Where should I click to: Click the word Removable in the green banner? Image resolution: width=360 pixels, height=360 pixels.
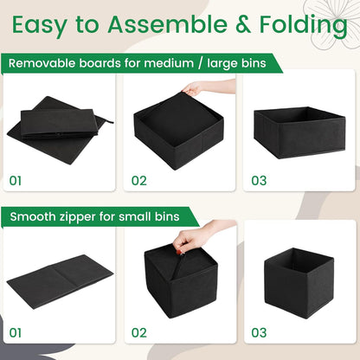coord(43,63)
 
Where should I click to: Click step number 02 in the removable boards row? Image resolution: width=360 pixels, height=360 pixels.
coord(138,181)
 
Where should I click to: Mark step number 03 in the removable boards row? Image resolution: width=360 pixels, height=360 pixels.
coord(259,181)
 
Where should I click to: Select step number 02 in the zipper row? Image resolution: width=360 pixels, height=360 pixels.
coord(138,331)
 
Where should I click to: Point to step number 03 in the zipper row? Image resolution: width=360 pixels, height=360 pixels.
coord(259,331)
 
